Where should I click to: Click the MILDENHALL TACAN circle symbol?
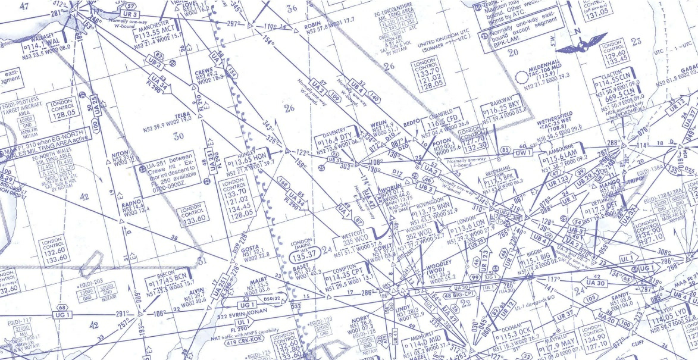[522, 76]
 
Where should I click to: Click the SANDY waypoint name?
[620, 296]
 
